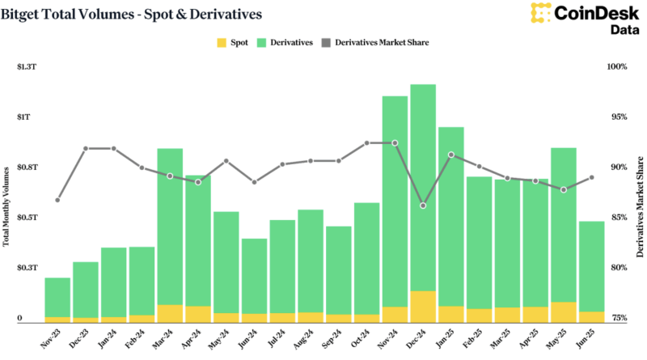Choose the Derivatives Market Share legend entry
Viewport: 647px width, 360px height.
pos(377,42)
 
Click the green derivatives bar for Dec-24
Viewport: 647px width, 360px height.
pos(423,186)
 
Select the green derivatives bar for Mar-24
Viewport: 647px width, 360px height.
pos(170,227)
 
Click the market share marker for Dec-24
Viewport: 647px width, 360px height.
pos(423,205)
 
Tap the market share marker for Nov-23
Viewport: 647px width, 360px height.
pos(57,200)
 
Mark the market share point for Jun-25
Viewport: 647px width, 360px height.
pos(591,178)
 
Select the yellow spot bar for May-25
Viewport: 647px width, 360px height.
pos(564,312)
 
